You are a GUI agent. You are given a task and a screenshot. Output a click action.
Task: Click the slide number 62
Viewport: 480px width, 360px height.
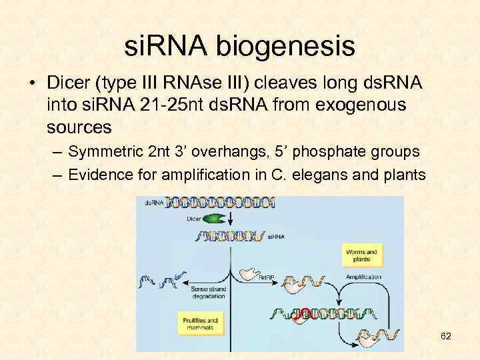[x=445, y=336]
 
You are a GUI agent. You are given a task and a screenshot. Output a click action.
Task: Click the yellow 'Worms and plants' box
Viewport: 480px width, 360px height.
[x=362, y=255]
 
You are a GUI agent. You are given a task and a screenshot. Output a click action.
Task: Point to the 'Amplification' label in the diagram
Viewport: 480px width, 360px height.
[x=364, y=277]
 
